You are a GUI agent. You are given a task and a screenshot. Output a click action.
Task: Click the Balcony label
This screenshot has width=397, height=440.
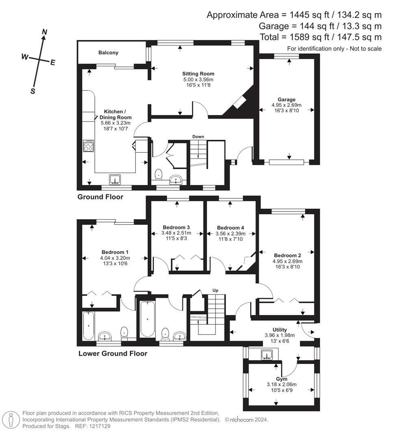click(x=108, y=53)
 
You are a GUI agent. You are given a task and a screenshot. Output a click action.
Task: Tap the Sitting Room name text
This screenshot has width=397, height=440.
click(x=198, y=74)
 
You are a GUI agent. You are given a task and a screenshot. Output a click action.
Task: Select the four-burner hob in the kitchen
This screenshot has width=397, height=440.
click(x=88, y=146)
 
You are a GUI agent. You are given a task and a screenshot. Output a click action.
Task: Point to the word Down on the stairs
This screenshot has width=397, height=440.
click(x=198, y=136)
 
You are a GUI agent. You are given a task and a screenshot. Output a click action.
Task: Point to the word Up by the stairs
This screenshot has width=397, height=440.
click(x=216, y=290)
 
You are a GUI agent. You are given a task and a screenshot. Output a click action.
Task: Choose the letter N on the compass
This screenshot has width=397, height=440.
click(x=45, y=32)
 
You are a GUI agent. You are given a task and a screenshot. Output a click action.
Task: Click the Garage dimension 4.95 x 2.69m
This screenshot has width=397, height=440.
click(x=286, y=105)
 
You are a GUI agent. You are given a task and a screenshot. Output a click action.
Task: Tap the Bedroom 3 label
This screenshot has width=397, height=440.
click(x=176, y=227)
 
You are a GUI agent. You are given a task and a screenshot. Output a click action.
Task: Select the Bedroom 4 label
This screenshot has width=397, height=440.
click(x=230, y=228)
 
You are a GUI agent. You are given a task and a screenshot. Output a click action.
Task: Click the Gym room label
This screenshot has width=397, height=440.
click(x=281, y=379)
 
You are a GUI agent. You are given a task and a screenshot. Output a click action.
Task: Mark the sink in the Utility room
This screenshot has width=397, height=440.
click(x=267, y=355)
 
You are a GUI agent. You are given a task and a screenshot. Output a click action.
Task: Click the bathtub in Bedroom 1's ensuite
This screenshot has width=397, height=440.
click(x=88, y=326)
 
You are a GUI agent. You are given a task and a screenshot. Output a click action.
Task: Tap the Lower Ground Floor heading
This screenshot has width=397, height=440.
click(x=113, y=354)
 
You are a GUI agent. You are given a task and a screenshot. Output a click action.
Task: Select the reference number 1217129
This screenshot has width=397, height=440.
click(x=99, y=426)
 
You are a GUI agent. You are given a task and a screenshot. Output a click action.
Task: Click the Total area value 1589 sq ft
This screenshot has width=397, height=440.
click(x=300, y=37)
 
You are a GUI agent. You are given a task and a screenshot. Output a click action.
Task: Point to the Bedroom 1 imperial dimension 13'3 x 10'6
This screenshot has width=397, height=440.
click(x=116, y=263)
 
